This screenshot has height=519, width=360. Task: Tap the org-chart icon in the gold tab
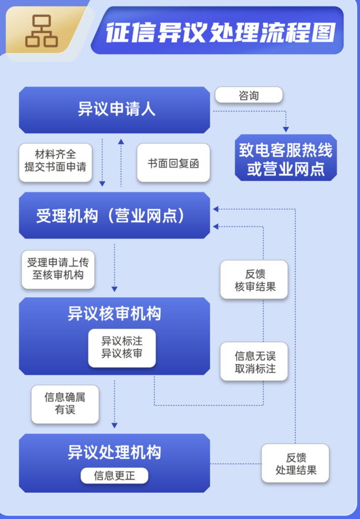(42, 31)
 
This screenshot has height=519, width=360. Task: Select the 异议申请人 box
(114, 110)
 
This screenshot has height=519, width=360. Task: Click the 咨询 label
(248, 95)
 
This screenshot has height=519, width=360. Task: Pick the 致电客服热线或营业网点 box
(285, 159)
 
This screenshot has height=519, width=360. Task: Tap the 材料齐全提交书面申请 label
(55, 162)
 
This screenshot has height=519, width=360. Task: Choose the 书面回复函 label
(173, 163)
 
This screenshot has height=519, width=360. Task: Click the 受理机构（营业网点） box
(114, 216)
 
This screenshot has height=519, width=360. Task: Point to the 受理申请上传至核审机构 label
(58, 269)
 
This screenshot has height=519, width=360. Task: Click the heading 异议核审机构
(114, 314)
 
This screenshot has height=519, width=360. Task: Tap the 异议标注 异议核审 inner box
(122, 348)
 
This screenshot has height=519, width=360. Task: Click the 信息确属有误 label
(65, 403)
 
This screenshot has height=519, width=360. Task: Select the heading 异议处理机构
(114, 452)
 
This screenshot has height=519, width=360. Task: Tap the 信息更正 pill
(114, 476)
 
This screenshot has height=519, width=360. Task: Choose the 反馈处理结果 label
(296, 463)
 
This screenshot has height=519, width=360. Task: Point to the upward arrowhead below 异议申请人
(121, 141)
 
